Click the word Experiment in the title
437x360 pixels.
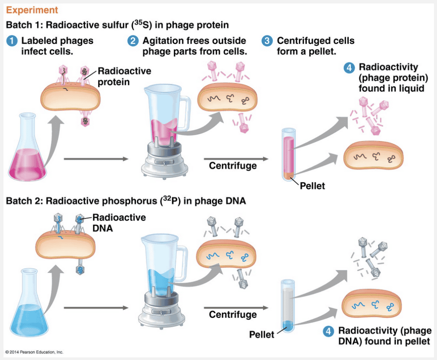point(31,10)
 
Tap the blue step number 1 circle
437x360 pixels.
point(12,41)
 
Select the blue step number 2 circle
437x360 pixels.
point(133,41)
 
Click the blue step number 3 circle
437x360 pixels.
point(267,41)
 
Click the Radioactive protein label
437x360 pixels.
point(118,76)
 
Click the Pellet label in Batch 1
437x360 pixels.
point(312,186)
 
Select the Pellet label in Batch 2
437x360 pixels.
point(262,335)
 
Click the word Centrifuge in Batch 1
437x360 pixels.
point(232,166)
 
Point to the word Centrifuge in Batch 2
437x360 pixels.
point(232,315)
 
